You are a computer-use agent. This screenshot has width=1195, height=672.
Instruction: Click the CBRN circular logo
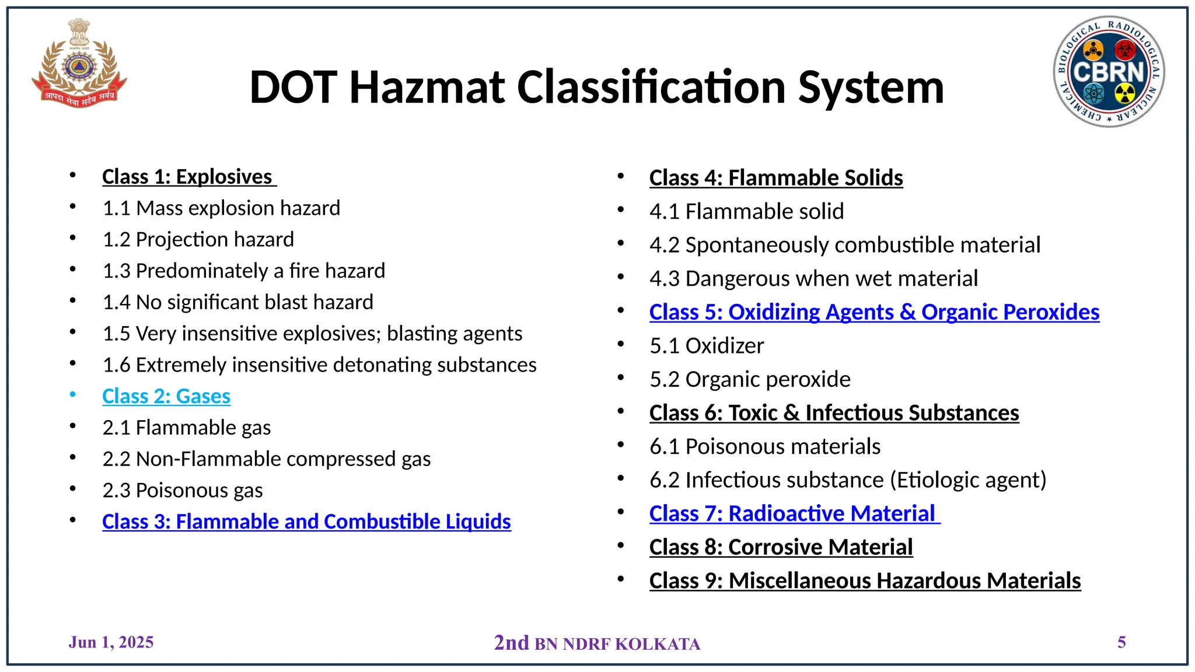point(1109,71)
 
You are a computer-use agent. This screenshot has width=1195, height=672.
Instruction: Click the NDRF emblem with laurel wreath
point(78,64)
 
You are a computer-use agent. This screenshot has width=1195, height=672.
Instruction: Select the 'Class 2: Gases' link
point(166,397)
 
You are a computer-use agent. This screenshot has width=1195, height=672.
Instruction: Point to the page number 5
point(1121,642)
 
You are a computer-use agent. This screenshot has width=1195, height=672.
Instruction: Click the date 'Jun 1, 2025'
point(111,642)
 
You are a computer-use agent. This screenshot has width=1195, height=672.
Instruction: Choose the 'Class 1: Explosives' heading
point(187,177)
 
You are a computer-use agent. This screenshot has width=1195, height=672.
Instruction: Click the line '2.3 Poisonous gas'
point(183,491)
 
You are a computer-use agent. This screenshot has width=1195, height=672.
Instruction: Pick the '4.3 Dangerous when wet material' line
point(813,279)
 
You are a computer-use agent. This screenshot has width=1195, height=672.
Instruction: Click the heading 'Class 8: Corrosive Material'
point(781,547)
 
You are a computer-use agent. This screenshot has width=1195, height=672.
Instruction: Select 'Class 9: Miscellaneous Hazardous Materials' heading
point(865,581)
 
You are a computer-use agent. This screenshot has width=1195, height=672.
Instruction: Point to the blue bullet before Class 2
point(73,395)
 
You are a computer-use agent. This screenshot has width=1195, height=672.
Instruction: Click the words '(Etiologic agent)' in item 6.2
point(968,480)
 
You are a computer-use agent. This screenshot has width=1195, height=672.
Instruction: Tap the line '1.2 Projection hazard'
point(198,240)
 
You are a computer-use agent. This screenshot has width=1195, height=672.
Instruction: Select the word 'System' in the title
point(871,87)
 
